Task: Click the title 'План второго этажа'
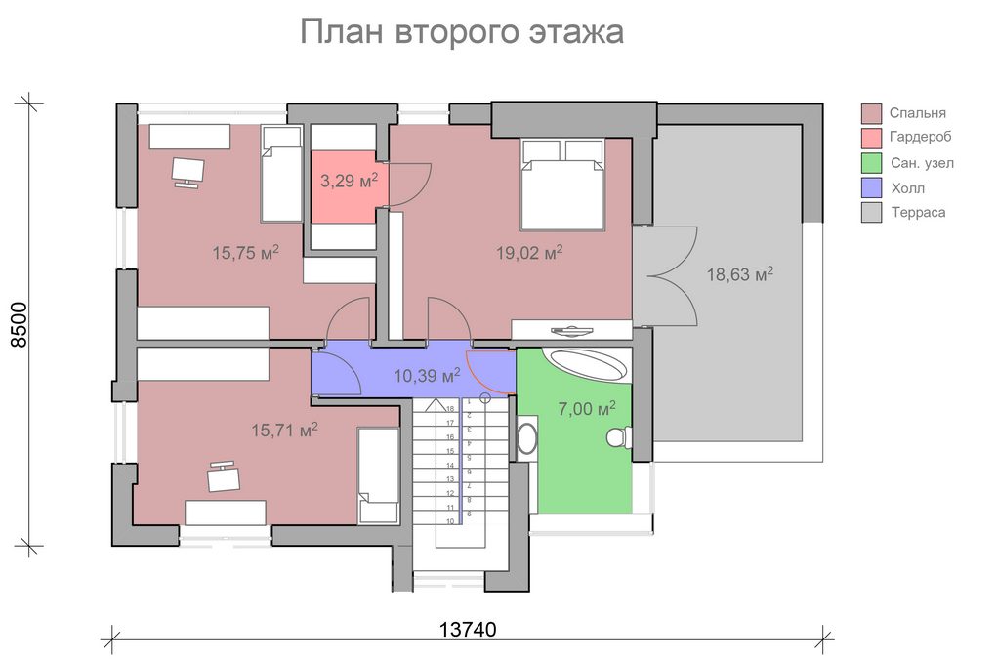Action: pos(462,32)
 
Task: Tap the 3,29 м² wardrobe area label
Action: pos(349,181)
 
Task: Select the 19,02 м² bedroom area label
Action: pos(529,253)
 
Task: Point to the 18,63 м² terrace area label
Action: pos(740,274)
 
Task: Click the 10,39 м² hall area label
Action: pos(428,376)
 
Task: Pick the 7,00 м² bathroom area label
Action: pos(587,409)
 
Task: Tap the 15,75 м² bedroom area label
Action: pos(246,253)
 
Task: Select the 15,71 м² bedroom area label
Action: pos(285,431)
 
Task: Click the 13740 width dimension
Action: pos(468,629)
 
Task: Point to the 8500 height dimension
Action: pos(20,324)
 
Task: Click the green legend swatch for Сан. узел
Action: pos(872,163)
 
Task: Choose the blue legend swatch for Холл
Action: pos(872,188)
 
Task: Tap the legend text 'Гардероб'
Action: pos(920,137)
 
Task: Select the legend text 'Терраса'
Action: pos(918,212)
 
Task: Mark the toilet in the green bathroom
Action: pos(619,437)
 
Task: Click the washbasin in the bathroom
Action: pos(526,436)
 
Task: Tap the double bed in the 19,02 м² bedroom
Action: pos(562,185)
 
